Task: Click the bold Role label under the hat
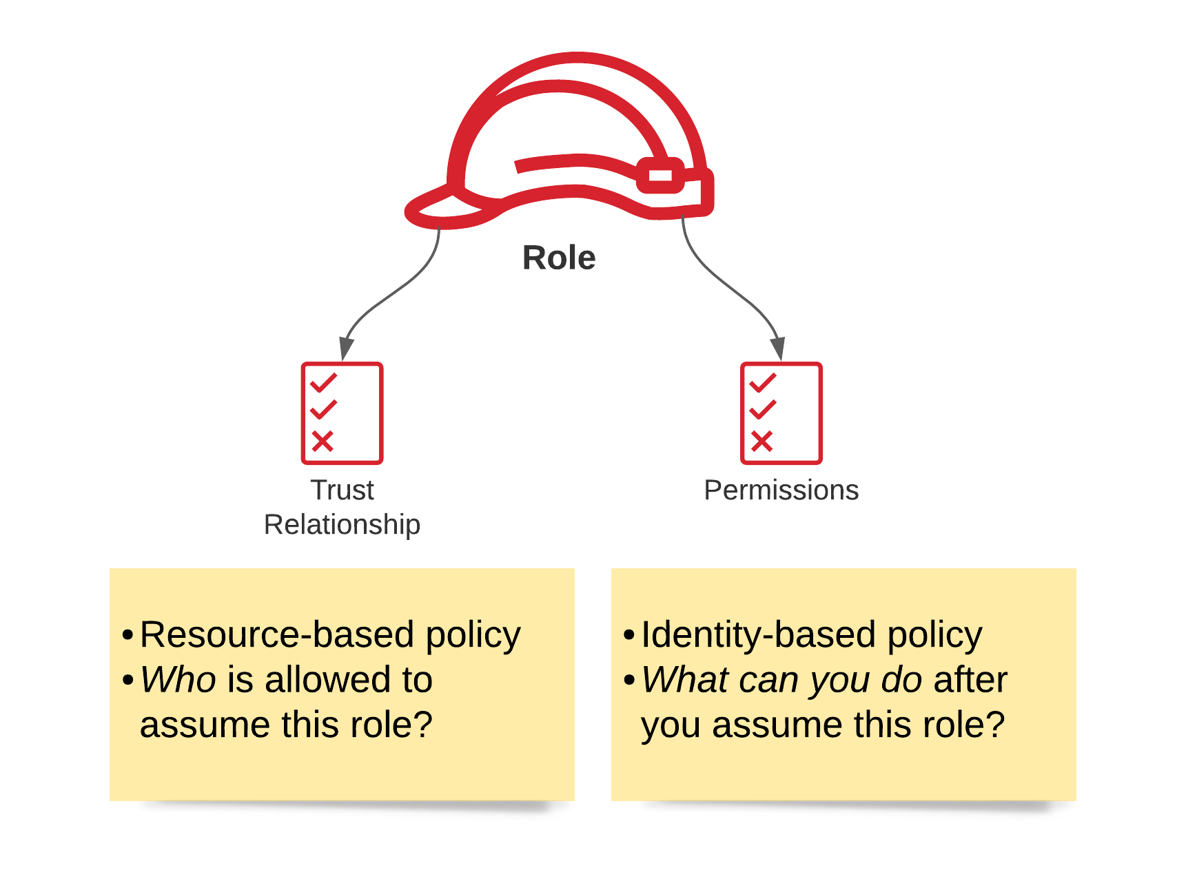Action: (x=559, y=258)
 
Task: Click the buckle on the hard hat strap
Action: (x=660, y=176)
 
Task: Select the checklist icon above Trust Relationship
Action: (x=342, y=413)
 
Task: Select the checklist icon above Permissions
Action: (x=781, y=413)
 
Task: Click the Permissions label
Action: (x=781, y=490)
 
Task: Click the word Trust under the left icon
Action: (x=342, y=490)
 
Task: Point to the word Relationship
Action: (x=342, y=525)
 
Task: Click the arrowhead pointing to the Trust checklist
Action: (x=346, y=349)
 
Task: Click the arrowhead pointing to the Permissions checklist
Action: (x=777, y=349)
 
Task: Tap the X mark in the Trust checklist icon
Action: (x=323, y=441)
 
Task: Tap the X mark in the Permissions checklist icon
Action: (x=762, y=441)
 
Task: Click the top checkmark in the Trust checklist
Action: (x=323, y=382)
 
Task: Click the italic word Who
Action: (x=178, y=680)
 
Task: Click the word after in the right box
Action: (x=970, y=680)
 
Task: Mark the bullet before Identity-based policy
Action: (x=628, y=635)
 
